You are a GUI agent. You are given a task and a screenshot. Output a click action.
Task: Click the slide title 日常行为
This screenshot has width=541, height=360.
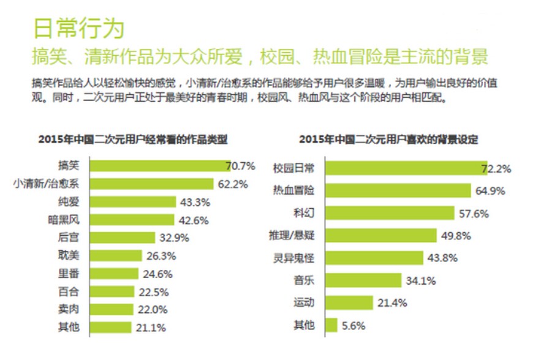tap(78, 28)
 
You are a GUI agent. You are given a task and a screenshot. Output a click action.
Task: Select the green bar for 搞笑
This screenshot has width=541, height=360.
tap(160, 166)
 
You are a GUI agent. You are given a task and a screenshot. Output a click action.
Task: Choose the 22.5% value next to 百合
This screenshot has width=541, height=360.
tap(153, 291)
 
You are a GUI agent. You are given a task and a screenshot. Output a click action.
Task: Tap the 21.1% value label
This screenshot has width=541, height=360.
tap(150, 328)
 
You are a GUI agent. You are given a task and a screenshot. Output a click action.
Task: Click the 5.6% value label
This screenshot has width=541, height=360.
tap(354, 326)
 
